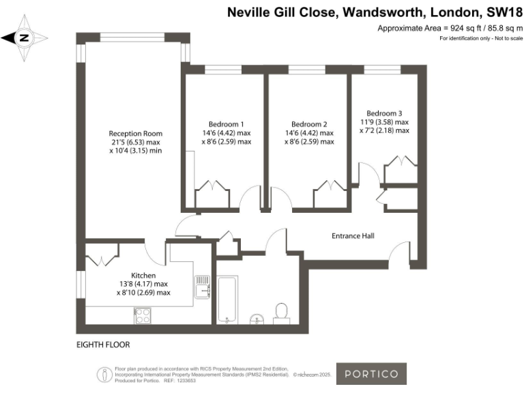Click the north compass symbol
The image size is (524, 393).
coord(24,38)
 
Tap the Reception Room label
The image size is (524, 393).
coord(135,133)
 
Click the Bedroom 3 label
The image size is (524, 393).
coord(384,113)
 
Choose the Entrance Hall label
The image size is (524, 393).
coord(353,236)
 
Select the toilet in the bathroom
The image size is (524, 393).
coord(281,312)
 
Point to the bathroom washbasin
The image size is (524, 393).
coord(257,317)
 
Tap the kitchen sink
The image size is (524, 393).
coord(202,287)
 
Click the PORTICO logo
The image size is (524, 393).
coord(372,373)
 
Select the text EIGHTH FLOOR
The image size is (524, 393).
coord(103,345)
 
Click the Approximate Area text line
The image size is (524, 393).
coord(450,28)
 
